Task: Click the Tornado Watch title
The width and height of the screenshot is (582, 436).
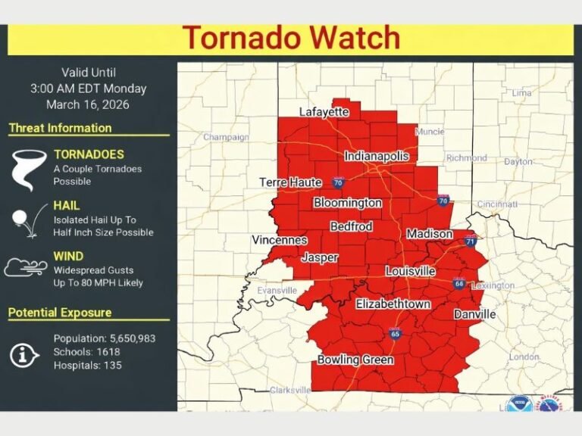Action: [291, 38]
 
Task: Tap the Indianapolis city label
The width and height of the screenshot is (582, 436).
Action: [377, 156]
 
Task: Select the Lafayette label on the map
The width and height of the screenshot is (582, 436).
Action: [324, 112]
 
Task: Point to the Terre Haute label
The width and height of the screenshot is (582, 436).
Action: [291, 182]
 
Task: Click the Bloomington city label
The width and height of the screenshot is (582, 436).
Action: [348, 203]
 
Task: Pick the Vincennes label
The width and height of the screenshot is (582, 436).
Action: [279, 240]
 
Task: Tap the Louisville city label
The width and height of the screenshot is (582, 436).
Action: [410, 271]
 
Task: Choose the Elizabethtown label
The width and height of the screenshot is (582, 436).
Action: [393, 304]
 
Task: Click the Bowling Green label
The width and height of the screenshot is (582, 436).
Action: [355, 360]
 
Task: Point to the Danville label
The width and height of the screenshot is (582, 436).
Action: [474, 314]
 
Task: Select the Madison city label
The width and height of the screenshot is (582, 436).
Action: [430, 235]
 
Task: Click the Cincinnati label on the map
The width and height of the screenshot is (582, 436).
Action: [496, 204]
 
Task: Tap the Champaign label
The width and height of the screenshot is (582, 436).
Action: [226, 137]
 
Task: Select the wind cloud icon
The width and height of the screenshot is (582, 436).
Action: [26, 267]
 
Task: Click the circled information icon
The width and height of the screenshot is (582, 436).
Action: [25, 353]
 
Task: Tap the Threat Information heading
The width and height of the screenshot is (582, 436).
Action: [60, 128]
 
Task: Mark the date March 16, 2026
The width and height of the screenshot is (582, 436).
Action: [88, 104]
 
